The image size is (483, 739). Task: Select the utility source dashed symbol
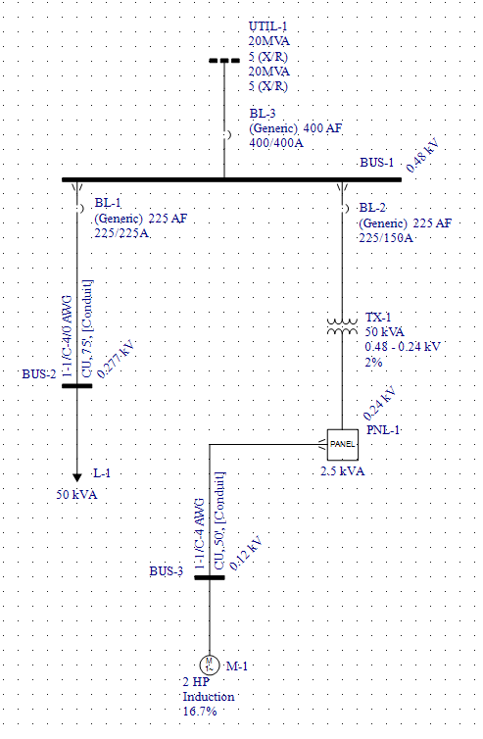pos(224,61)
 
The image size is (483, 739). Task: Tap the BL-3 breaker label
pos(262,115)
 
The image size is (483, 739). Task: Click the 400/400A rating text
pos(276,143)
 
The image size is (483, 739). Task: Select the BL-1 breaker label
pos(107,203)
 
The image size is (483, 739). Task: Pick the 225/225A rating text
pos(121,233)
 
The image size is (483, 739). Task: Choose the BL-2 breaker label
pos(373,208)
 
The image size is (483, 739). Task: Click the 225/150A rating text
pos(387,238)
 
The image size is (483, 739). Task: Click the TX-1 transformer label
pos(377,318)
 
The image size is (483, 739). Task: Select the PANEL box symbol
pos(343,444)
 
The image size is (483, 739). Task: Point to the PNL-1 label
pos(384,430)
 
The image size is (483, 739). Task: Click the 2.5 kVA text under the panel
pos(343,471)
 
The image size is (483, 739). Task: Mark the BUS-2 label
pos(38,373)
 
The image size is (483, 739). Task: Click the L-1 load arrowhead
pos(77,476)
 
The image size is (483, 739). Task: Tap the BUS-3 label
pos(166,570)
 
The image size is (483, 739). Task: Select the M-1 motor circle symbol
pos(209,665)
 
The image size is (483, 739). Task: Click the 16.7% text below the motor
pos(199,711)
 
